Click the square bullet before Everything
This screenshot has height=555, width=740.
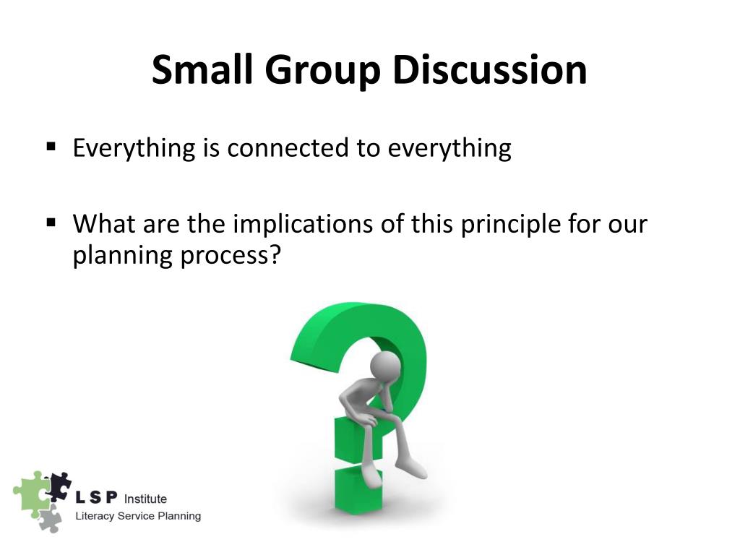[51, 147]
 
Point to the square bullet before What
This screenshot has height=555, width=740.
[51, 222]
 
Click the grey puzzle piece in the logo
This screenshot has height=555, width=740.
[49, 518]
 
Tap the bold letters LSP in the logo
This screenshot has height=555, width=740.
[98, 499]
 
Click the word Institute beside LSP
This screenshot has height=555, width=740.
[145, 499]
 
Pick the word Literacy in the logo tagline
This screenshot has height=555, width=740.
[95, 516]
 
